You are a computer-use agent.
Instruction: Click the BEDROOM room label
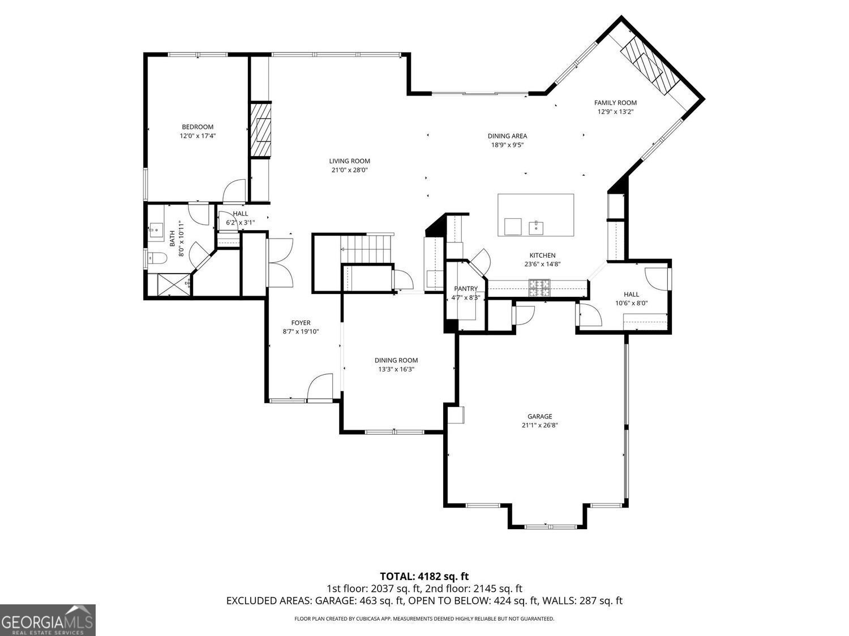198,127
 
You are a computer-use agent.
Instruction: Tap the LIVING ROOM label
350,161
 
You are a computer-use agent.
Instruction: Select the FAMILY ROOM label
615,103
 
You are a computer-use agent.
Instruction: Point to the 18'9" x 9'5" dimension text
508,145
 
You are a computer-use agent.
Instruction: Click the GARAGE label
539,416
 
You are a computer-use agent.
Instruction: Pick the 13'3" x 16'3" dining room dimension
396,369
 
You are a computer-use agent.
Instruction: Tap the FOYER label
301,323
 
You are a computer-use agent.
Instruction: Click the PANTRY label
466,288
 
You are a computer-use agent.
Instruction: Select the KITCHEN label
542,256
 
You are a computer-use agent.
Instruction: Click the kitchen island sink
536,227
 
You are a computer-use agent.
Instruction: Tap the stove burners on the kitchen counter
539,288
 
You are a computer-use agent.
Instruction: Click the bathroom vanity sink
156,232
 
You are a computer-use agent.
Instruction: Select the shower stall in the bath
174,285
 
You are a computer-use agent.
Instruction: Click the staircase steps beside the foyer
366,249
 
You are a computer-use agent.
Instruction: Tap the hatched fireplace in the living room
260,130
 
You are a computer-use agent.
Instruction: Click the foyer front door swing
320,386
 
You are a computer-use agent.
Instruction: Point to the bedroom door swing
234,191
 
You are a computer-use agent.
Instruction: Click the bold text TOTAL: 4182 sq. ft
424,577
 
